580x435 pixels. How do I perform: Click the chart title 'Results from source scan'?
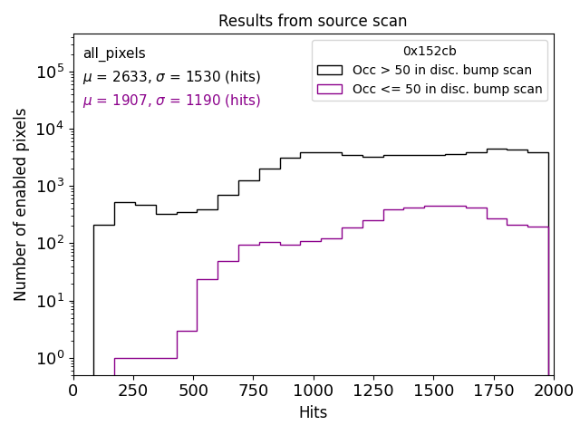[313, 21]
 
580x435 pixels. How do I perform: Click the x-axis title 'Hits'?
[313, 412]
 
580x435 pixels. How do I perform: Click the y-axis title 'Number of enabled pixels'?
[21, 205]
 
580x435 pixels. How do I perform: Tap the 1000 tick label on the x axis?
[313, 390]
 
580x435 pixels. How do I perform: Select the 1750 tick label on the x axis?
[493, 390]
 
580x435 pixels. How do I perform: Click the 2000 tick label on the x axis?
[553, 390]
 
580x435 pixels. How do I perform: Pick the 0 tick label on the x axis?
[74, 390]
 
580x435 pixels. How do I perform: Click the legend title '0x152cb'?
[430, 52]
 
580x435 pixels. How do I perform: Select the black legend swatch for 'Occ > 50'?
[331, 70]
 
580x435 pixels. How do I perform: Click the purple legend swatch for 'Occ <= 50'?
[331, 89]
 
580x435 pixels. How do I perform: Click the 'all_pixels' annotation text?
[114, 53]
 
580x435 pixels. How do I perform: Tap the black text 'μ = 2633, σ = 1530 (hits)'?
[171, 77]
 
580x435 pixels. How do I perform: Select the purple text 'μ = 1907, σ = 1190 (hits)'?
[171, 101]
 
